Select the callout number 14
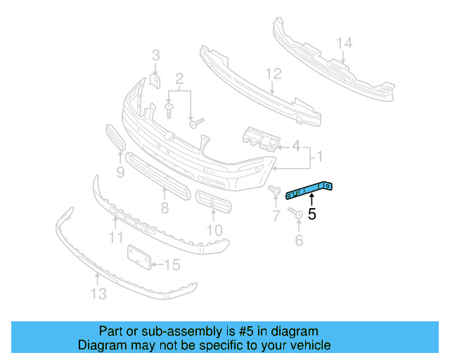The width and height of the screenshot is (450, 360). click(x=343, y=44)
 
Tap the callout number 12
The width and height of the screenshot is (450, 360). click(x=274, y=73)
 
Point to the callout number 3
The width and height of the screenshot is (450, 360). click(x=156, y=55)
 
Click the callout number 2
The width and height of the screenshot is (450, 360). click(x=179, y=78)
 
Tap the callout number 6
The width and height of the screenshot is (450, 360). click(x=298, y=240)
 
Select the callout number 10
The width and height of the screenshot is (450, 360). click(x=214, y=229)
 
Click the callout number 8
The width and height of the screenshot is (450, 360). click(x=165, y=208)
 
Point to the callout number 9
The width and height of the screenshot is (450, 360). click(x=120, y=172)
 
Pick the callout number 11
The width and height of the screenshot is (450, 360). click(x=116, y=238)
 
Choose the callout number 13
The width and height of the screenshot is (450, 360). click(x=99, y=294)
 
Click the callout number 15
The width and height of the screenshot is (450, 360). click(x=172, y=265)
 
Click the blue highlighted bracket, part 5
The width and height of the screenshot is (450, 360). click(x=310, y=189)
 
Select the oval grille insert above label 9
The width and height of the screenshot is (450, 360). click(x=115, y=138)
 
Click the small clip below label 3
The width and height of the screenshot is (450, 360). click(x=156, y=82)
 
